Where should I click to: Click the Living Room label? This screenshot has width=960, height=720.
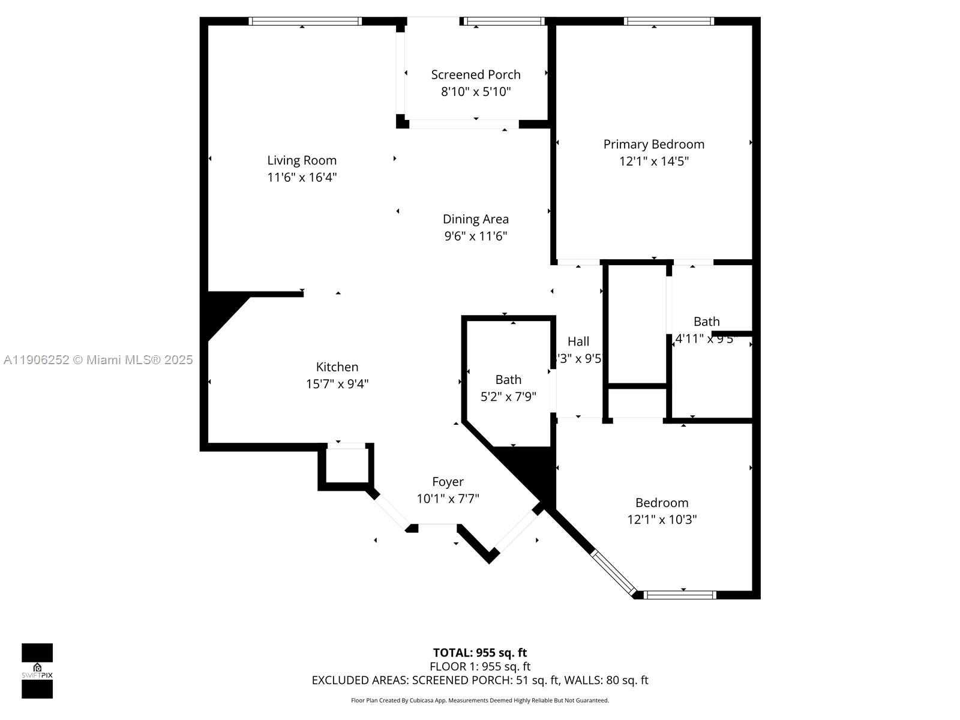pyautogui.click(x=302, y=160)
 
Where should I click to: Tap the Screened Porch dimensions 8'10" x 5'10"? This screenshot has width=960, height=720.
pyautogui.click(x=476, y=92)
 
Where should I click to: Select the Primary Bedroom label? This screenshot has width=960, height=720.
pyautogui.click(x=653, y=144)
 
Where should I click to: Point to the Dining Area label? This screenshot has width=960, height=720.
pyautogui.click(x=475, y=219)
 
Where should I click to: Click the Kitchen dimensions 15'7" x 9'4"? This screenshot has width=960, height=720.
pyautogui.click(x=337, y=384)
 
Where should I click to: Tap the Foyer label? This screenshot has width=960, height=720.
pyautogui.click(x=448, y=482)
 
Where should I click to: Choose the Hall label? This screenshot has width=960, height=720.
pyautogui.click(x=578, y=341)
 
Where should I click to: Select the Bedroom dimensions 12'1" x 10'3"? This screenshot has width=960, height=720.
pyautogui.click(x=662, y=520)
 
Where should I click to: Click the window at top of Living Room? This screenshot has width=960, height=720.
pyautogui.click(x=305, y=22)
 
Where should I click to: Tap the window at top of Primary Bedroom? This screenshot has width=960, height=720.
pyautogui.click(x=668, y=22)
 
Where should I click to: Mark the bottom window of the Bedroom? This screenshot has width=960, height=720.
pyautogui.click(x=680, y=595)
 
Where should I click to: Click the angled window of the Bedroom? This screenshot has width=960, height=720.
pyautogui.click(x=613, y=573)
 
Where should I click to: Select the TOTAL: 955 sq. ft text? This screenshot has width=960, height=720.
pyautogui.click(x=480, y=653)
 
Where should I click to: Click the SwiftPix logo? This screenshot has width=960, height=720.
pyautogui.click(x=37, y=671)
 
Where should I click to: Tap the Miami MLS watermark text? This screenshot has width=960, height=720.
pyautogui.click(x=98, y=360)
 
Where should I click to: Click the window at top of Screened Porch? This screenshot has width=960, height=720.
pyautogui.click(x=505, y=22)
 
